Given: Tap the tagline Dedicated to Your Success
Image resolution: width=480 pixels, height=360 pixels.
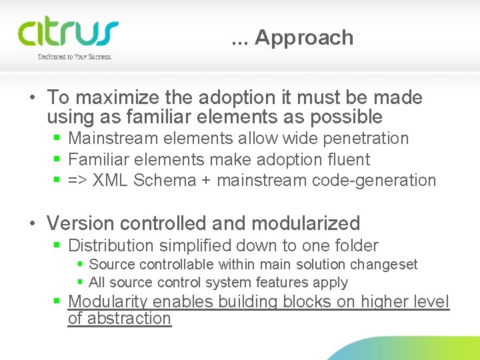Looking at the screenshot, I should [74, 57].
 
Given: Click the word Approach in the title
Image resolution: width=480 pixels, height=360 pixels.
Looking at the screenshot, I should [304, 38].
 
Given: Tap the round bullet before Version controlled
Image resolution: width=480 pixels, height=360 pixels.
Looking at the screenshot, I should [33, 224].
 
